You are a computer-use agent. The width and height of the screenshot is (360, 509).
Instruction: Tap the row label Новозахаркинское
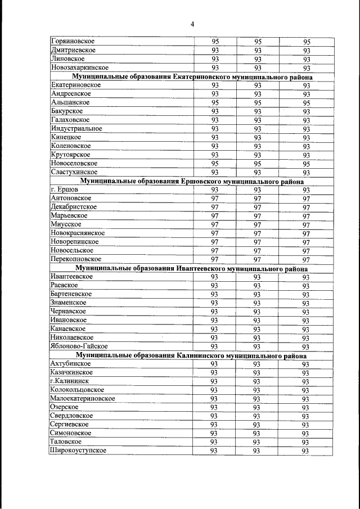tap(79, 67)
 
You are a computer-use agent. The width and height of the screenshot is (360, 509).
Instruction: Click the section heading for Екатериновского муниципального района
tap(192, 76)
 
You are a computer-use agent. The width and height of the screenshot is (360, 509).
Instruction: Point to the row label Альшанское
tap(70, 102)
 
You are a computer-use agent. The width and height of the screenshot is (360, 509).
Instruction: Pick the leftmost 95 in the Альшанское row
tap(215, 103)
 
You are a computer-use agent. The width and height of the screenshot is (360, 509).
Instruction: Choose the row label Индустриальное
tap(76, 128)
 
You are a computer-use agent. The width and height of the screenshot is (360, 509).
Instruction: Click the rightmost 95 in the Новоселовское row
tap(307, 164)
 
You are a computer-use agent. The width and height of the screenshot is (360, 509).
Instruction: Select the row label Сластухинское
tap(74, 172)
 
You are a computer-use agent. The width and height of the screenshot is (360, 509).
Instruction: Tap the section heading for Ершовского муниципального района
tap(192, 181)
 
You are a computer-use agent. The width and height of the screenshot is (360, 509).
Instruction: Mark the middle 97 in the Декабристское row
tap(258, 207)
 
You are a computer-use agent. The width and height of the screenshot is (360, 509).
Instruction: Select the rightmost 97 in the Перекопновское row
tap(307, 260)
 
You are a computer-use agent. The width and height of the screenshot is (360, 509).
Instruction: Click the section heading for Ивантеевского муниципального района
tap(192, 268)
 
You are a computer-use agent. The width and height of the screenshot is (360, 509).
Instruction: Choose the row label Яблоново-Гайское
tap(79, 346)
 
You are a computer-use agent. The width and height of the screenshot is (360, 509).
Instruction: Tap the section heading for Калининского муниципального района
tap(192, 355)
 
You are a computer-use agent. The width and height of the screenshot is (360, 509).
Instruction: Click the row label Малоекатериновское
tap(83, 398)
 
